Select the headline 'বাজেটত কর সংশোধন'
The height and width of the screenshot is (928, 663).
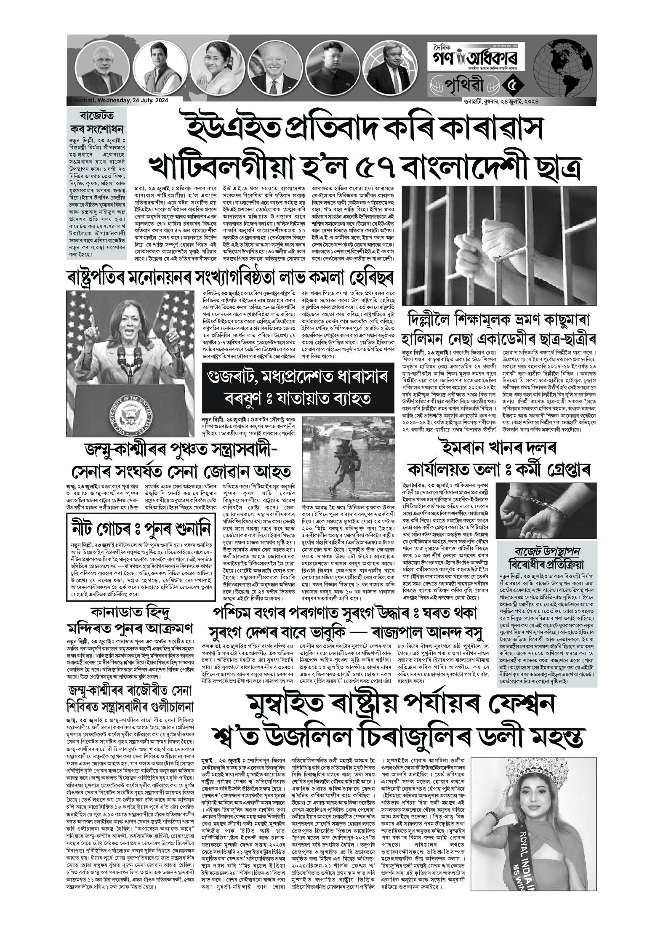[x=96, y=122]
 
